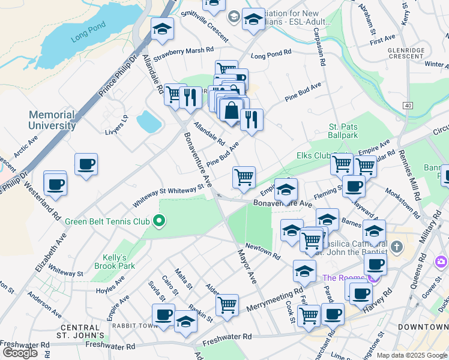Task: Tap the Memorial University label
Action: pos(52,120)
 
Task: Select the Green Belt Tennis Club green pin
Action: pos(159,222)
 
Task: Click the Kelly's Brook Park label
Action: pos(115,261)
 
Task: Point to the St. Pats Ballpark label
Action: pos(343,131)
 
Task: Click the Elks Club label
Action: pos(314,155)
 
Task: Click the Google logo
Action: pos(20,352)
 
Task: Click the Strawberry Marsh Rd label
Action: pos(184,54)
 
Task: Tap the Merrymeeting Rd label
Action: pos(274,301)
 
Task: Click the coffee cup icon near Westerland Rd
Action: pos(55,184)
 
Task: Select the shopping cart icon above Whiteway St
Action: pos(244,177)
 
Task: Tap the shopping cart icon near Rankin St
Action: pos(227,305)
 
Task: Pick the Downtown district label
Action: pos(422,327)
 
